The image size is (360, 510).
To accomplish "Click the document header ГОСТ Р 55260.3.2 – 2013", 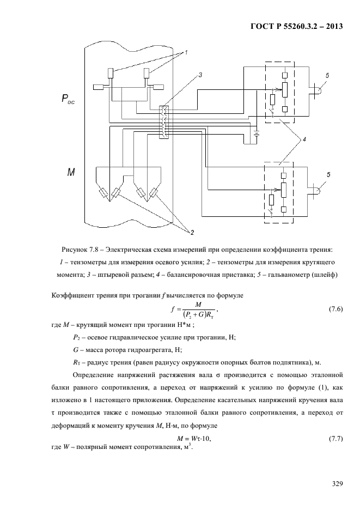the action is [x=297, y=26].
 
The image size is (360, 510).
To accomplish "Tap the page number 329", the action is [x=337, y=484].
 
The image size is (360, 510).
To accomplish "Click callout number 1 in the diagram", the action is [x=186, y=52].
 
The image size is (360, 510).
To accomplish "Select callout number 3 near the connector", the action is [x=200, y=75].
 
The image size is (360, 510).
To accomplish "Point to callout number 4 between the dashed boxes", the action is [x=304, y=139].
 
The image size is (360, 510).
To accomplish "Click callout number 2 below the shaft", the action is [x=192, y=233].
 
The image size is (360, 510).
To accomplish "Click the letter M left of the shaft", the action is [x=71, y=172].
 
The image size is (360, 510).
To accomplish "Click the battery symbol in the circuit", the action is [x=257, y=133].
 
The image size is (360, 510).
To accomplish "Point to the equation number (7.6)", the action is [x=336, y=309].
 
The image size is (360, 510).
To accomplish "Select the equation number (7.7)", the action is [x=336, y=439].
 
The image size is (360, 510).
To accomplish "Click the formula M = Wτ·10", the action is [x=194, y=439].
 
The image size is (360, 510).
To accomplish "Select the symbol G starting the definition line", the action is [x=75, y=350].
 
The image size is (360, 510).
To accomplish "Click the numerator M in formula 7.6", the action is [x=197, y=305].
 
